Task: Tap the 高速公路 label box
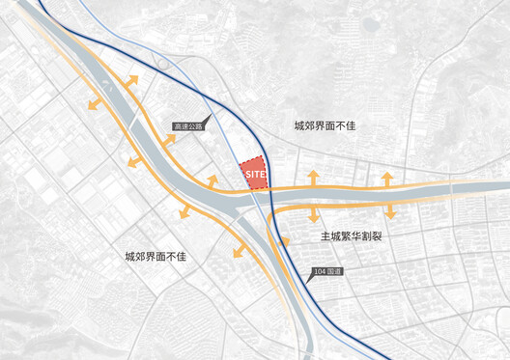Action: coord(189,125)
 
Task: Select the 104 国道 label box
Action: coord(328,269)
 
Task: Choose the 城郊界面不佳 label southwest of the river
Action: coord(160,257)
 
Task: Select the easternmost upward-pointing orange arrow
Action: coord(386,178)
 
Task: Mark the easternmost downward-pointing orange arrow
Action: coord(390,211)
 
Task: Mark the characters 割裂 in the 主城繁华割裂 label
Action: coord(376,235)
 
